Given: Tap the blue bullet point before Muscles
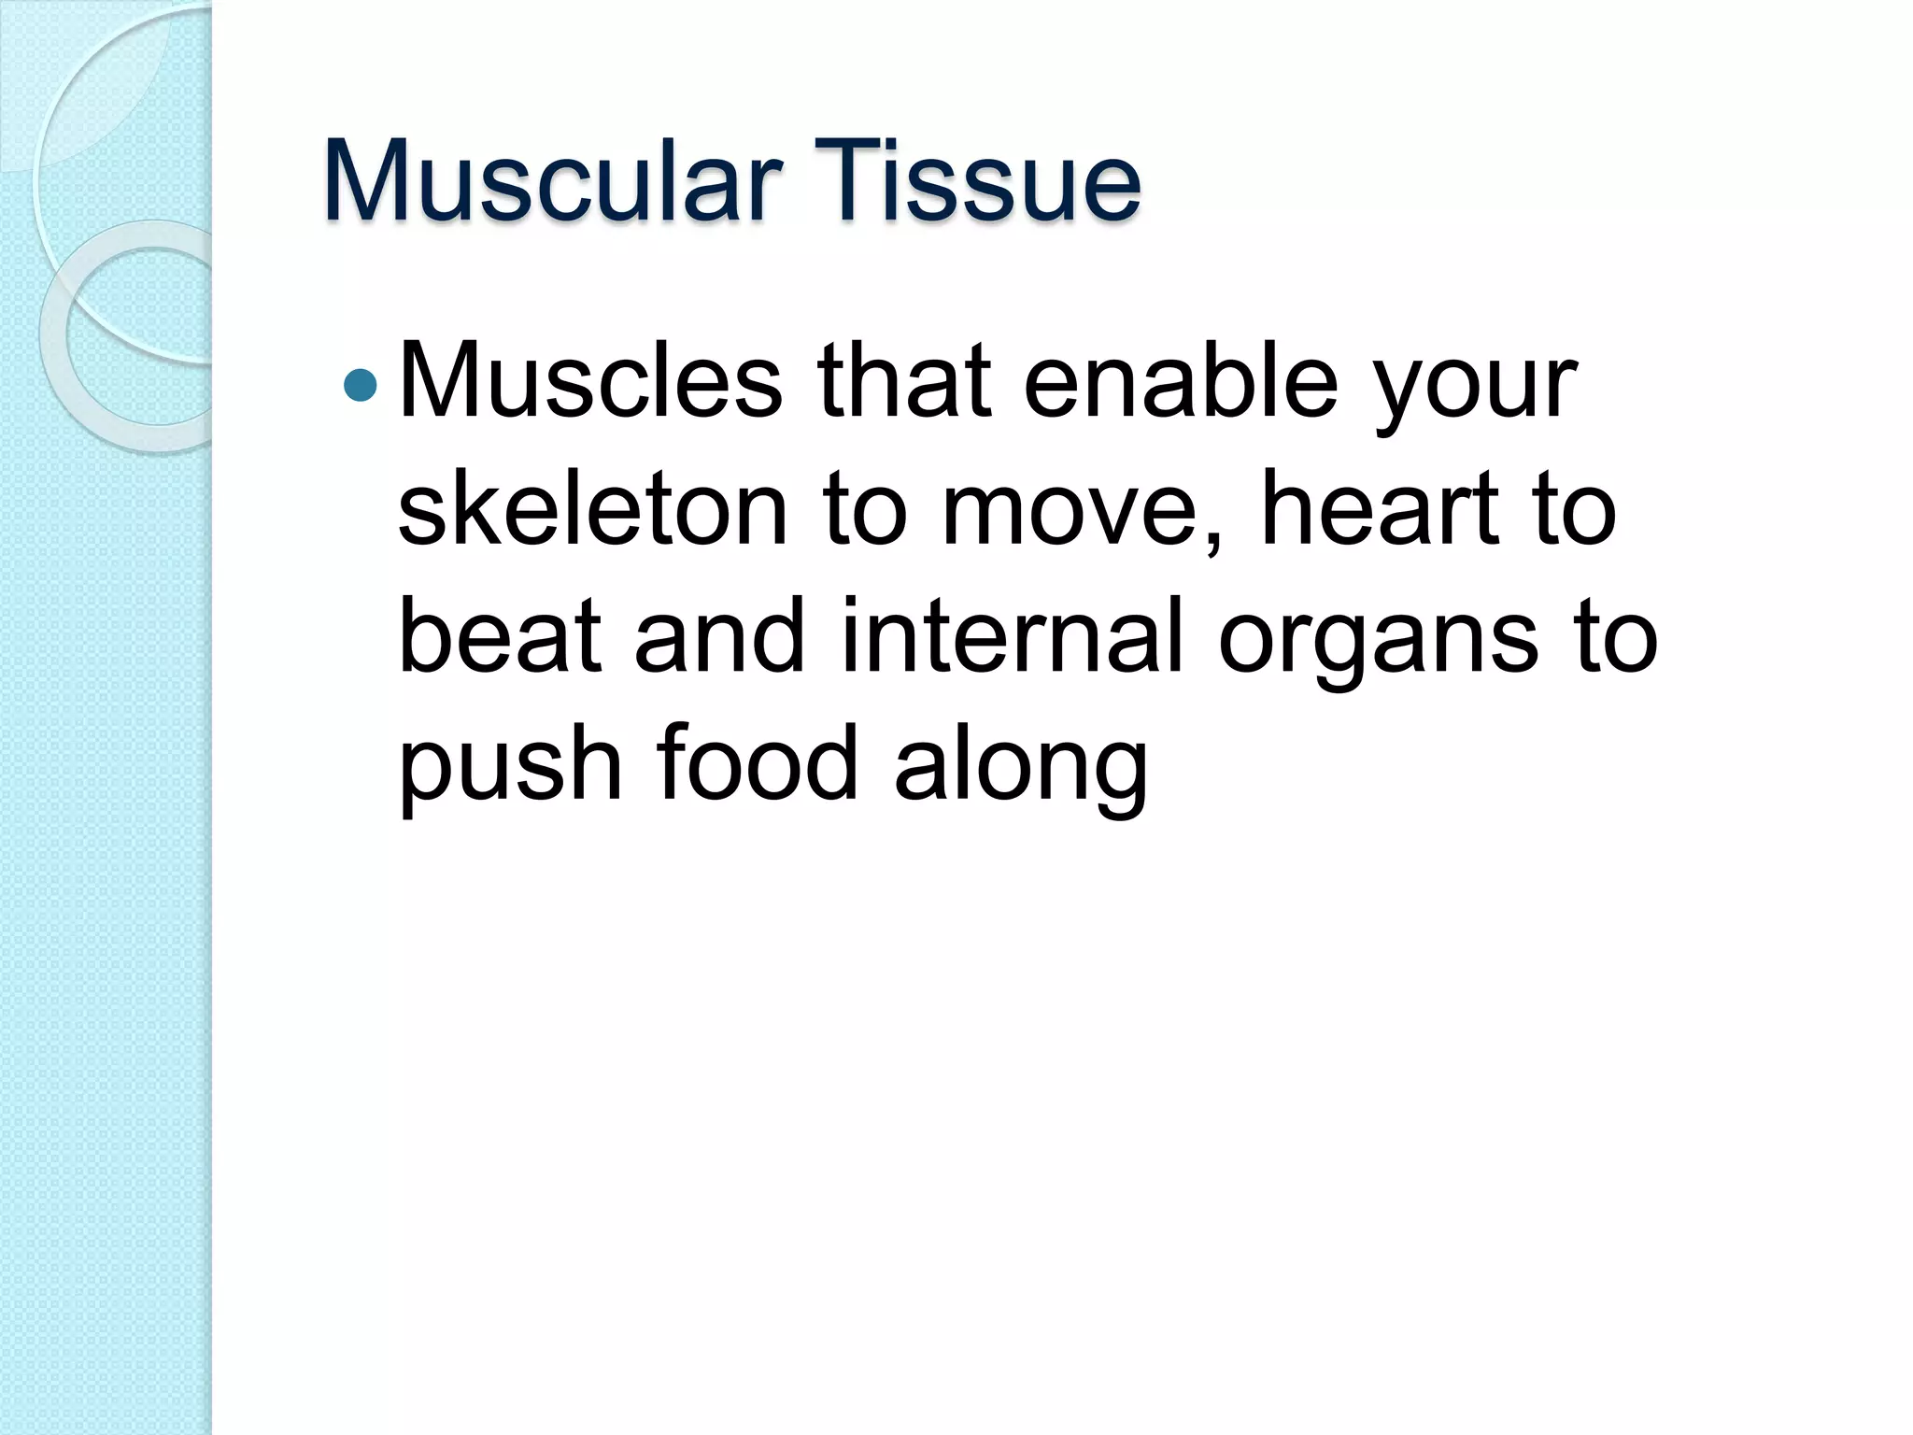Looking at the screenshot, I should pos(361,384).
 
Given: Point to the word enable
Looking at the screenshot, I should pos(1181,383).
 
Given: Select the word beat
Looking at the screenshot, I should pos(499,637).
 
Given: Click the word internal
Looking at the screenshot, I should pos(1013,637).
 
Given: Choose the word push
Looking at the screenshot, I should pos(510,766).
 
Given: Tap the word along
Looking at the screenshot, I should pos(1020,770).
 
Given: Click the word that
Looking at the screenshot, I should pos(903,383).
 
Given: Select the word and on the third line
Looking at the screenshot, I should pos(719,637).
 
